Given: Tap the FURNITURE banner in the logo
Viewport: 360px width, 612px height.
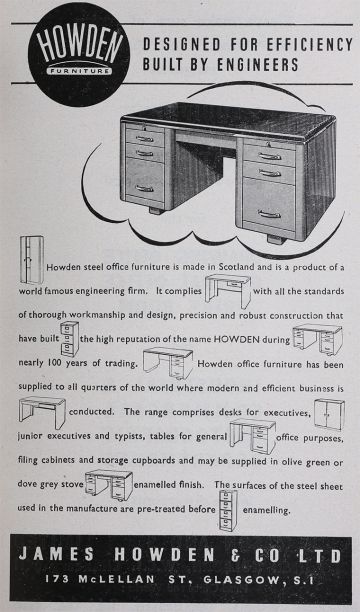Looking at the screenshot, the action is (x=79, y=71).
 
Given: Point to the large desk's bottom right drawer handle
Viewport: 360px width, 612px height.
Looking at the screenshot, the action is (x=269, y=214).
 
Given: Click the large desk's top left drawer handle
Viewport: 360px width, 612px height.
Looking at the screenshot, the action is (x=144, y=139).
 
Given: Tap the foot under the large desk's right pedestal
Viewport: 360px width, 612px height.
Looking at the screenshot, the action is (x=276, y=239).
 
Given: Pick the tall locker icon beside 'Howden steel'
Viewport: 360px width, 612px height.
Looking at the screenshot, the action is (x=32, y=260).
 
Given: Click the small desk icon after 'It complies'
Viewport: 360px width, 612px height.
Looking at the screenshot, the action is (x=228, y=290).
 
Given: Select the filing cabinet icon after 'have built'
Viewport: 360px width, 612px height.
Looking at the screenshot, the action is (x=70, y=339).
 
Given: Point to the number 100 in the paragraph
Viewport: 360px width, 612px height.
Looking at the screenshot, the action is (x=55, y=363).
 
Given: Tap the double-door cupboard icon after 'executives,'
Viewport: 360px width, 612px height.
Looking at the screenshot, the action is (x=329, y=414).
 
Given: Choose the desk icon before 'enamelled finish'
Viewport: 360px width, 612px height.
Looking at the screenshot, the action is (x=109, y=485).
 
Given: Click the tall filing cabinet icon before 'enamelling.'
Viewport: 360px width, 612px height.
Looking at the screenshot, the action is (x=228, y=511).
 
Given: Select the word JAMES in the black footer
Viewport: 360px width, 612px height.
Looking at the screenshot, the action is (x=56, y=554).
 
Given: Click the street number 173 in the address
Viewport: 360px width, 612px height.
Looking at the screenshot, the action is (x=57, y=579).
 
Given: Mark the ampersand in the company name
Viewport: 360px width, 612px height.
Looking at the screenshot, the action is (x=235, y=556).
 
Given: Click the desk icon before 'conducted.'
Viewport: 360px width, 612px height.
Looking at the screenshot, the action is (x=42, y=412).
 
